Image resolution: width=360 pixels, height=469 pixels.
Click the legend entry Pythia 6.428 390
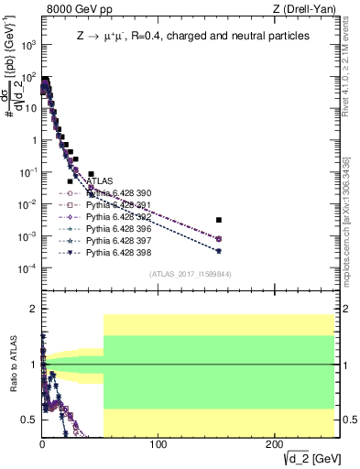tap(118, 193)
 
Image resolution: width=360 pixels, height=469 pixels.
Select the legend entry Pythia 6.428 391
tap(118, 205)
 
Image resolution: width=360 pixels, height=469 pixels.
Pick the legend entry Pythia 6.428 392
tap(118, 216)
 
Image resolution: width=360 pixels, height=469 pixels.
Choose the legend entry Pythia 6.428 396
tap(118, 228)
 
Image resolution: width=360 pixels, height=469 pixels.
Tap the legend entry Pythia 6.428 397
tap(118, 239)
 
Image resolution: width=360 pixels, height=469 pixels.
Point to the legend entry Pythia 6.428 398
tap(118, 251)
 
